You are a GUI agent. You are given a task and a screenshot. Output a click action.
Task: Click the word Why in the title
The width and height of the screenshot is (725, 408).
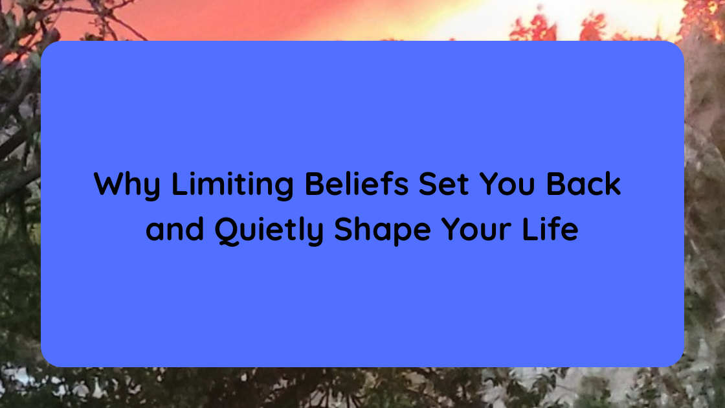[127, 185]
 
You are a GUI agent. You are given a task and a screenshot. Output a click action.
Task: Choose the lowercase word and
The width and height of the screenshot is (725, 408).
[174, 231]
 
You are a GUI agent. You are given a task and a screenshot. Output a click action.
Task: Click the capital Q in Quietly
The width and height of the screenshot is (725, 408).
[227, 231]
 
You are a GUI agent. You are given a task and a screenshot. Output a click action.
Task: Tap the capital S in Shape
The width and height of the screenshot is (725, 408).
[344, 231]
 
